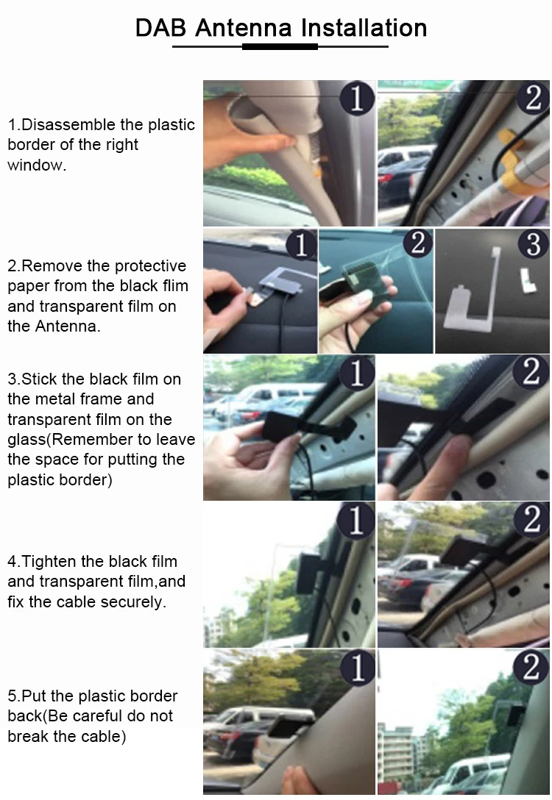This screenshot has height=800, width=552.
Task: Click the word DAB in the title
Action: click(x=160, y=28)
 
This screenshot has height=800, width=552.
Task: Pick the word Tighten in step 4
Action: click(x=49, y=561)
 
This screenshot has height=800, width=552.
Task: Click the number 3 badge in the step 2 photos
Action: click(x=533, y=244)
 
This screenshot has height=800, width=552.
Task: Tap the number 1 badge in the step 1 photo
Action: click(x=356, y=97)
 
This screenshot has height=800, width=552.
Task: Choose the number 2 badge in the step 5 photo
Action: click(x=531, y=667)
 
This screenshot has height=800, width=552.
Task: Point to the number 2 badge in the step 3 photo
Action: click(x=531, y=371)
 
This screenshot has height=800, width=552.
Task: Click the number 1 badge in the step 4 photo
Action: click(x=356, y=521)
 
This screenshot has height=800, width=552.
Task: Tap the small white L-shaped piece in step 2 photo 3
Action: click(x=528, y=279)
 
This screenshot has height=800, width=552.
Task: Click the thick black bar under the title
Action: click(x=280, y=47)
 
